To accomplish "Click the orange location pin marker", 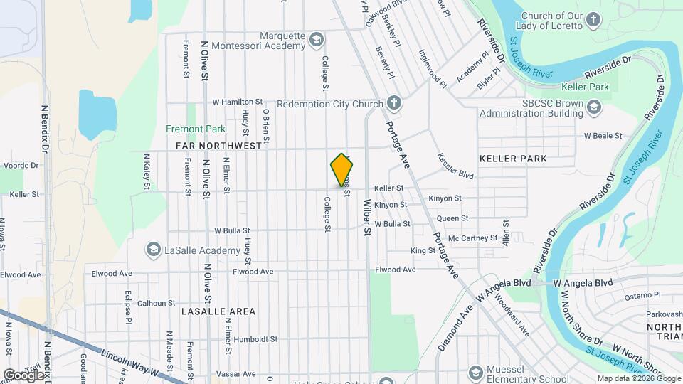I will click(342, 170).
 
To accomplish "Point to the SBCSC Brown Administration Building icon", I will click(594, 107).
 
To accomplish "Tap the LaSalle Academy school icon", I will click(153, 250).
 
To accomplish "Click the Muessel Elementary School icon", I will click(475, 373).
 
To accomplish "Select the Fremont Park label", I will click(196, 129).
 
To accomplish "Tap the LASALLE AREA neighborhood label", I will click(218, 311).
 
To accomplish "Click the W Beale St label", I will click(603, 135).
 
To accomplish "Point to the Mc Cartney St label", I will click(473, 238).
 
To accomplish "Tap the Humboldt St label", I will click(255, 340).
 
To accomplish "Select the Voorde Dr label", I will click(20, 165).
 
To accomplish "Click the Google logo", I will click(23, 375).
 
